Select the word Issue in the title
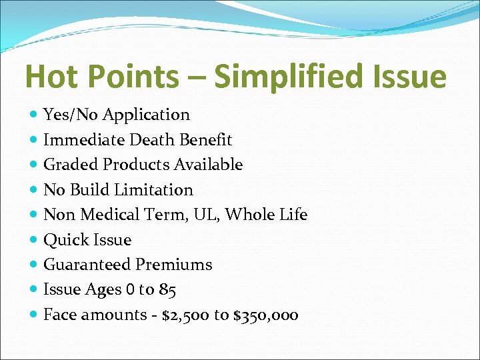click(x=409, y=76)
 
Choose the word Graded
click(x=70, y=165)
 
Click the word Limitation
click(x=153, y=190)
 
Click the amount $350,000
click(x=265, y=315)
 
